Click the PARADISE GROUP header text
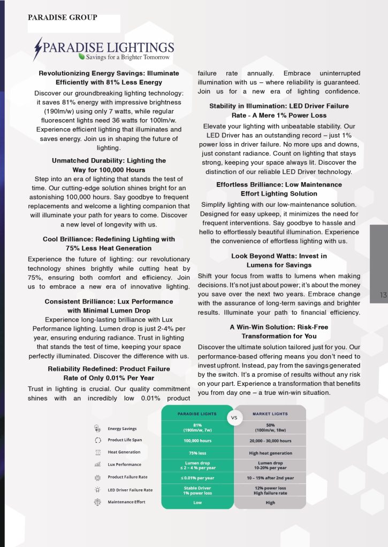pos(63,18)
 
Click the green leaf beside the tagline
pos(81,56)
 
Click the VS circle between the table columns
pos(234,418)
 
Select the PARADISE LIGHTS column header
pos(197,413)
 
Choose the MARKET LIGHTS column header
pos(270,413)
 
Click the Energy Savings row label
pos(122,428)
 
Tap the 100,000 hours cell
pos(197,441)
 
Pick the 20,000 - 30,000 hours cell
pos(270,441)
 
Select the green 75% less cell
pos(197,453)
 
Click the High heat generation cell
pos(270,453)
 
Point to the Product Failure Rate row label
pos(127,477)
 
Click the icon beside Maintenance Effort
pos(97,502)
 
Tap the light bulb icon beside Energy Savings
pos(97,428)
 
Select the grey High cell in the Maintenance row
pos(270,503)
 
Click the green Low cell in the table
pos(197,503)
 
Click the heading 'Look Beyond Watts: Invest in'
pos(279,256)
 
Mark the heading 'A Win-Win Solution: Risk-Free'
pos(279,327)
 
